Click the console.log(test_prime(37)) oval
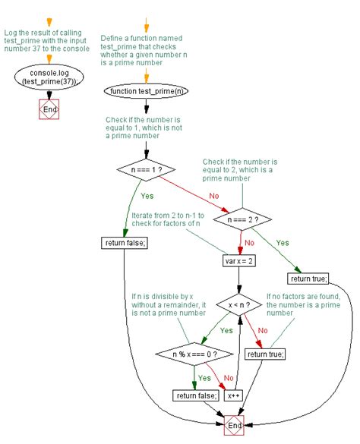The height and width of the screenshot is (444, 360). point(49,76)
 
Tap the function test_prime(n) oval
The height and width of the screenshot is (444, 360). point(147,92)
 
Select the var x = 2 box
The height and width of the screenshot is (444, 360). point(240,260)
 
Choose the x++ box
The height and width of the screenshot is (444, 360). point(232,395)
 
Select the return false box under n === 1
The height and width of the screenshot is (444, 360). point(124,243)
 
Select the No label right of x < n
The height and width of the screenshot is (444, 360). point(263,331)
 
